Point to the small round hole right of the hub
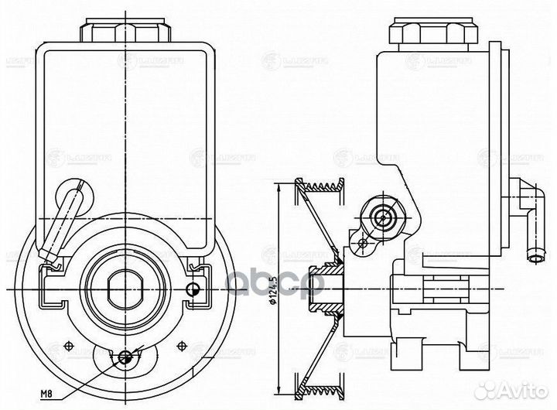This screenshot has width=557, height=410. point(193,290)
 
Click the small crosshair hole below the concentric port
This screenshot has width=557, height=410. point(363,244)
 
